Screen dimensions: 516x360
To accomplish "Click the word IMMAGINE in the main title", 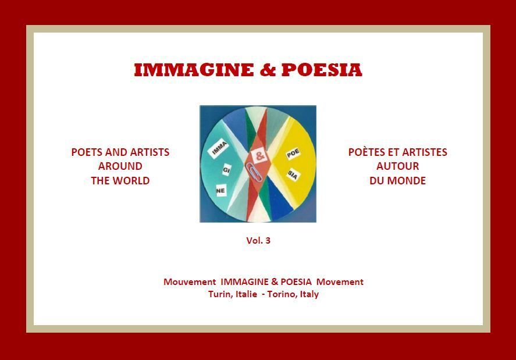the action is (x=194, y=70).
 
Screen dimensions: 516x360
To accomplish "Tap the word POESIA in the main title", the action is (x=322, y=70).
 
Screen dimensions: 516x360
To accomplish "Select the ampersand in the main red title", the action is (x=268, y=70).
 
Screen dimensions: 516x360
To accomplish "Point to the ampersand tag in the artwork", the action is (x=259, y=155).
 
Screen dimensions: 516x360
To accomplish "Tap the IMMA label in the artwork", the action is (x=219, y=149).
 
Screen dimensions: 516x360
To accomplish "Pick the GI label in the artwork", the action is (x=226, y=170).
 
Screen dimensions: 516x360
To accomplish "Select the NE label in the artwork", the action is (x=221, y=191).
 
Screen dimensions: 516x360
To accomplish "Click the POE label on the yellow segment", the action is (x=293, y=154).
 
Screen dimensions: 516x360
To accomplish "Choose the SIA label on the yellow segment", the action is (x=292, y=174).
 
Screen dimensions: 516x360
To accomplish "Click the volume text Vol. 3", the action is (x=258, y=241).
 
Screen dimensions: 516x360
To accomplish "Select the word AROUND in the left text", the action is (x=120, y=166).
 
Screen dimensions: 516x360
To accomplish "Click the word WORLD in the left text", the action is (x=133, y=181).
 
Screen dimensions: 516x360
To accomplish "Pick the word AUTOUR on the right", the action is (x=398, y=166).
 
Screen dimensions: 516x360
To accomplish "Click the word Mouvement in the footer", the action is (x=190, y=282).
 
